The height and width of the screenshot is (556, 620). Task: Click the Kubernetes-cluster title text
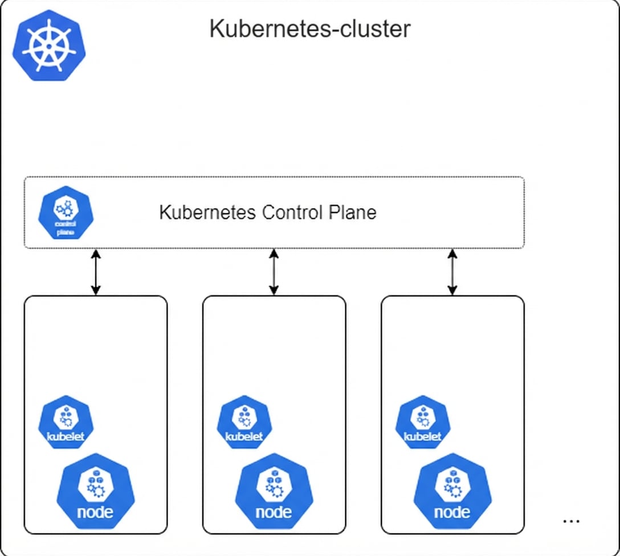[x=309, y=28]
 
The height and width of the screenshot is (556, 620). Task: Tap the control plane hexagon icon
[x=66, y=213]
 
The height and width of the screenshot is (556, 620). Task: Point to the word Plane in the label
[x=352, y=212]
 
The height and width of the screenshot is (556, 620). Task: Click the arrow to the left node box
[x=96, y=272]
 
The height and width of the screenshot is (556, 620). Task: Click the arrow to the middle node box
[x=274, y=272]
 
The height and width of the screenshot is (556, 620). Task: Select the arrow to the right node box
[x=452, y=272]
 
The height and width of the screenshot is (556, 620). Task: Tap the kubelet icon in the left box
[x=66, y=422]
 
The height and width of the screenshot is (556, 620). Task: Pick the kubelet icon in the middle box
[x=244, y=422]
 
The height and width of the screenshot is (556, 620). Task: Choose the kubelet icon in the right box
[x=423, y=422]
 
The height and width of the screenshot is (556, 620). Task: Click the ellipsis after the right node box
[x=570, y=521]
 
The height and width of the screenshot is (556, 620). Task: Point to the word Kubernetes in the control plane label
[x=207, y=212]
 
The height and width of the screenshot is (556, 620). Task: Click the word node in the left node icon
[x=95, y=512]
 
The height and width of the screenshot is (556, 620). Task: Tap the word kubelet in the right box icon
[x=423, y=437]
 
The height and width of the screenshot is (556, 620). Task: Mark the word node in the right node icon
[x=452, y=512]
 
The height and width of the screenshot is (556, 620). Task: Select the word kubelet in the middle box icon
[x=244, y=437]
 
